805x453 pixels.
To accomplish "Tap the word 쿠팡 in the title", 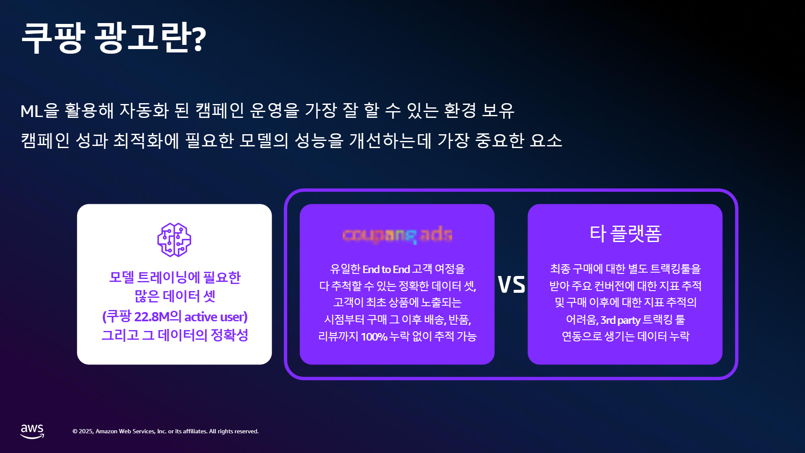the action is tap(53, 38).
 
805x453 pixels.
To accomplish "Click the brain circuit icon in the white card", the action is tap(174, 240).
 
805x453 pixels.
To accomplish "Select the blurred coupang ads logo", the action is tap(397, 235).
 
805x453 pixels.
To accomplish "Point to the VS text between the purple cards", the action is tap(511, 284).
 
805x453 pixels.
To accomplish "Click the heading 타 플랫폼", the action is tap(625, 233).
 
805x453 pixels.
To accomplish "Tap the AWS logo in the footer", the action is tap(32, 431).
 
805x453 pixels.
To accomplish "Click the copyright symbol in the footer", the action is tap(75, 432).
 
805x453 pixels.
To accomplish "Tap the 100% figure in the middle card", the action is tap(374, 337).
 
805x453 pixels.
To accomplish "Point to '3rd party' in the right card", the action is tap(620, 320).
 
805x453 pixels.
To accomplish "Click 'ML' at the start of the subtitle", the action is tap(31, 111).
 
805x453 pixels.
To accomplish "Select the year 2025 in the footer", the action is tap(86, 432).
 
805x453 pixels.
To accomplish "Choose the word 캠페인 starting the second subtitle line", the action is tap(45, 141).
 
